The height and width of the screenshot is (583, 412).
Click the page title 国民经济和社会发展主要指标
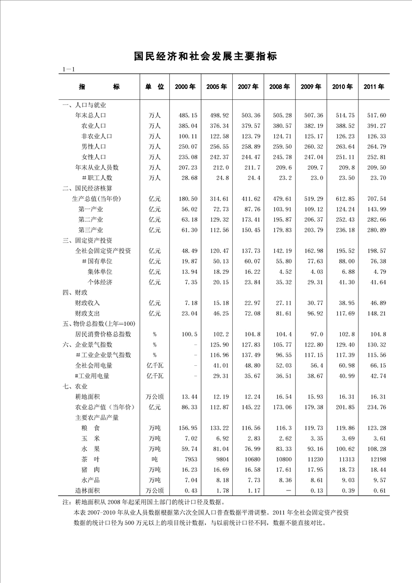pyautogui.click(x=206, y=56)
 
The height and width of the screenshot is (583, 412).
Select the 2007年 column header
pyautogui.click(x=248, y=87)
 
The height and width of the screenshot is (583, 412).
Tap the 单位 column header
pyautogui.click(x=154, y=87)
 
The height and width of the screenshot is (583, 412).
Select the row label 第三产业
pyautogui.click(x=91, y=230)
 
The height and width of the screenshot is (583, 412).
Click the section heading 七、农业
pyautogui.click(x=75, y=387)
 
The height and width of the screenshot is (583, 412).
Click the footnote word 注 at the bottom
pyautogui.click(x=65, y=502)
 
